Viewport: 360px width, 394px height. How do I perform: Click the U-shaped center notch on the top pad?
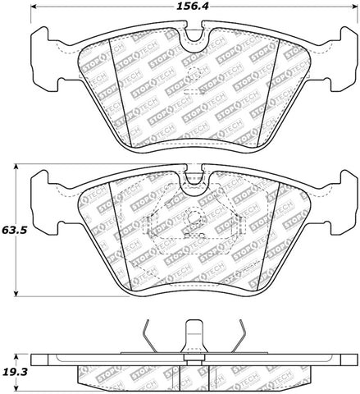[x=194, y=38]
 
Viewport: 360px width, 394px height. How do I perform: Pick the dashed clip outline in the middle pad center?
[x=194, y=228]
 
